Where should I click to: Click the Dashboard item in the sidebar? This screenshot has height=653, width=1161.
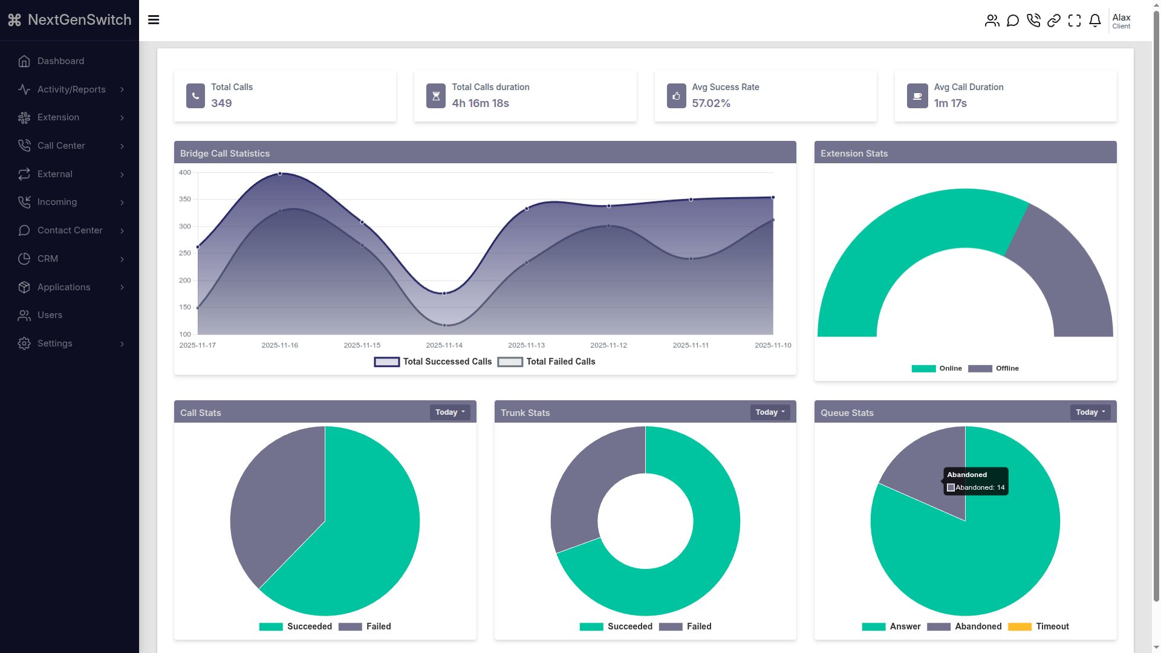(60, 61)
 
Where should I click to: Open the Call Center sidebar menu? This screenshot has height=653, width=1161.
(61, 146)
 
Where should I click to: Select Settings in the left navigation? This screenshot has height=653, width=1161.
(54, 343)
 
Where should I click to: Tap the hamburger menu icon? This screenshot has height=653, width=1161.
(154, 20)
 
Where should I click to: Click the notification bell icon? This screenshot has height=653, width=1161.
(1095, 21)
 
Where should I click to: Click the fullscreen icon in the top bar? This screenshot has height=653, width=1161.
(1075, 21)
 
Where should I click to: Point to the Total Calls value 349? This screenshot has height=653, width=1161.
(221, 103)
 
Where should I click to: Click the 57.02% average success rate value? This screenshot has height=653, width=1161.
(711, 103)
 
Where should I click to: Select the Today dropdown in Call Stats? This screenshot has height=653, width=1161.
(450, 412)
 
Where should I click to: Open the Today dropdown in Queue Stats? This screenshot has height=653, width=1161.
(1090, 412)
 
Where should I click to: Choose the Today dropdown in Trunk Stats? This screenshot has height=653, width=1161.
(770, 412)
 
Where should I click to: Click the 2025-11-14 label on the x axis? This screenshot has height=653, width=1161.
(444, 345)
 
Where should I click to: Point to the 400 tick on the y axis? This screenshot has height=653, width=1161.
(185, 172)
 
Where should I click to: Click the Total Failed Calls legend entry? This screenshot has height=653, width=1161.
(547, 362)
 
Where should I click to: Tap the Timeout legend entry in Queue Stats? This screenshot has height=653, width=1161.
(1039, 626)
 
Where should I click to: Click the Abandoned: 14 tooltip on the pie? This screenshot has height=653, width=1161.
(975, 481)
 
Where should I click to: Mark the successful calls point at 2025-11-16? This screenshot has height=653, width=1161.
(280, 174)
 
